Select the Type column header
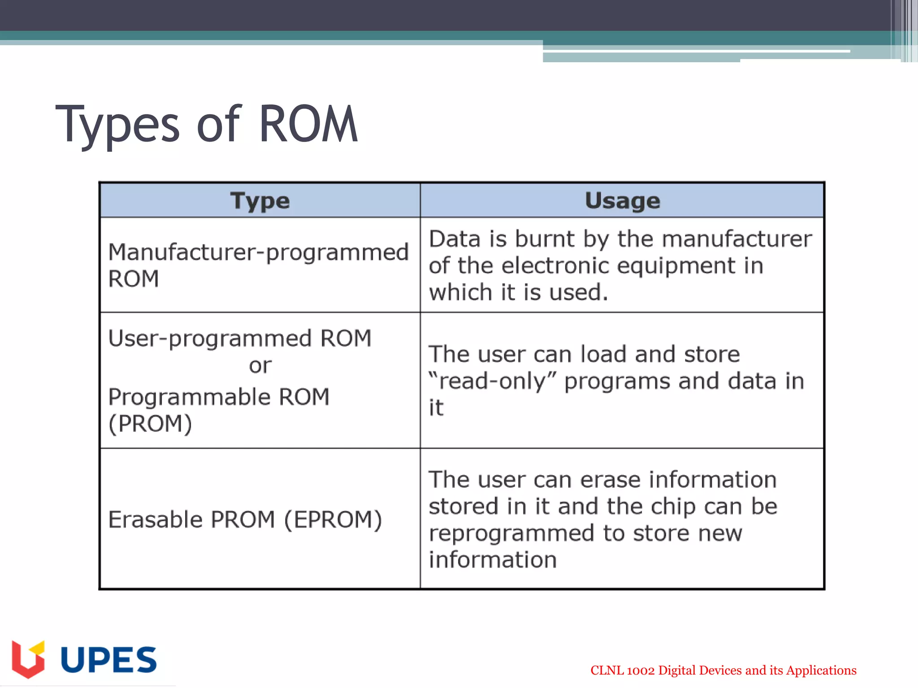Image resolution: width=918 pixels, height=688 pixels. (260, 201)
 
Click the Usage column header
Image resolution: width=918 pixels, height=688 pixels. (622, 201)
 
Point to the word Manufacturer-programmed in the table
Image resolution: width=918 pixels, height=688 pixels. (258, 253)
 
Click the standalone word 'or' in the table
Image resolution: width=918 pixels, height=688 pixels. (260, 366)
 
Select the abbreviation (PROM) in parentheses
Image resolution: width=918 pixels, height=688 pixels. (150, 424)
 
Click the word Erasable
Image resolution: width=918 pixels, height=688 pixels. (155, 520)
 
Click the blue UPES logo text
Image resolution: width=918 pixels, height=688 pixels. (108, 660)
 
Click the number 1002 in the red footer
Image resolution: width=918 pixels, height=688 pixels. (641, 671)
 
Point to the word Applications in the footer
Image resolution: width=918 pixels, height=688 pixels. (821, 671)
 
